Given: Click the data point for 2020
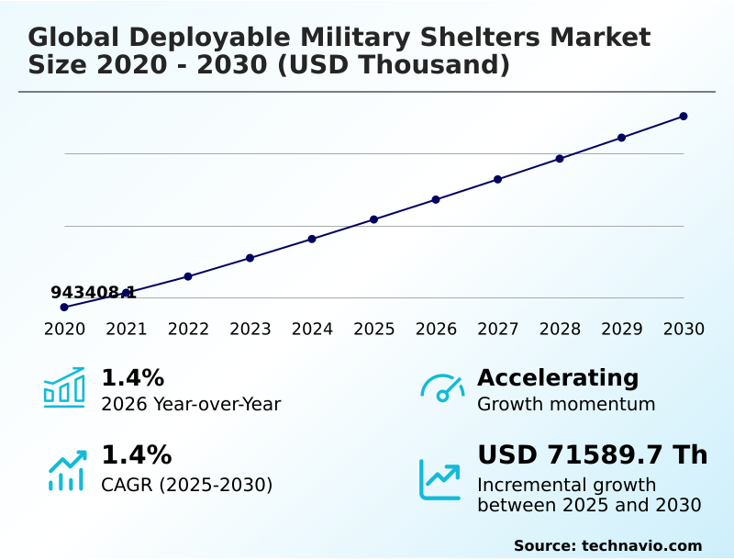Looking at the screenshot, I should [x=64, y=307].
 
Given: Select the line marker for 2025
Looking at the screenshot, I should [x=374, y=219].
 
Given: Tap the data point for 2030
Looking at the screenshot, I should [x=684, y=117].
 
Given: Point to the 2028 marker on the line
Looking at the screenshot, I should [x=560, y=159].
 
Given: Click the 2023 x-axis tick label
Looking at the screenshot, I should [x=250, y=330].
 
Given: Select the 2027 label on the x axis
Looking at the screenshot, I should [x=497, y=330].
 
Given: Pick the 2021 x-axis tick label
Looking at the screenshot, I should [x=126, y=330].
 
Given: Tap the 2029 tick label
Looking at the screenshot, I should [x=621, y=330].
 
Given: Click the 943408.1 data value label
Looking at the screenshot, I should [x=93, y=293].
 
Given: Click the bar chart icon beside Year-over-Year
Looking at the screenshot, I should [x=64, y=387].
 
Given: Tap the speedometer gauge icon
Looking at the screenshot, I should [x=441, y=387].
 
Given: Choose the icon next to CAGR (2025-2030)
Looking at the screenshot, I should [x=66, y=470].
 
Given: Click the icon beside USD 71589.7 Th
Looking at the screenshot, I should [x=440, y=478].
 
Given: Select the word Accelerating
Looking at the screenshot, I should [x=558, y=377].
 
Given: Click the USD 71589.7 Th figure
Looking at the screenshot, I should [x=592, y=455].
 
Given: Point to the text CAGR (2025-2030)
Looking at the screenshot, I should [x=186, y=485].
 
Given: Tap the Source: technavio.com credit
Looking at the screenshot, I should [x=607, y=545].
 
